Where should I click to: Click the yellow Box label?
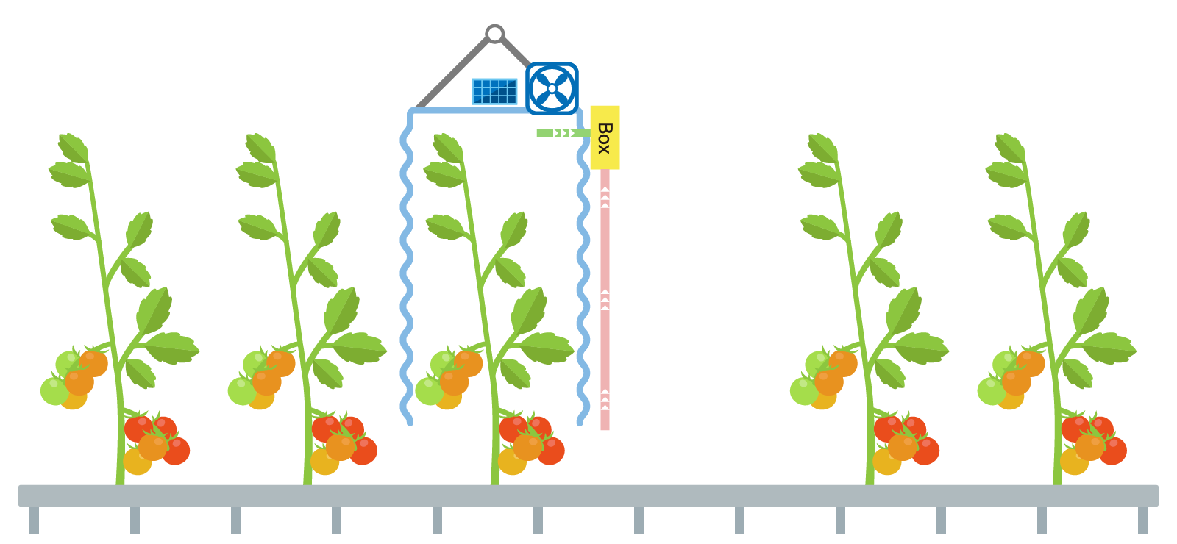[605, 137]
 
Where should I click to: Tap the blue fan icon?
[552, 89]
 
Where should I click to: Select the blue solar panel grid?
[494, 92]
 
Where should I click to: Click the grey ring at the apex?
[495, 34]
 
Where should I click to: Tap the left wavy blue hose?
[406, 272]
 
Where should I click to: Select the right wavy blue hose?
[583, 272]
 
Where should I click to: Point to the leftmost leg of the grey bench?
[34, 520]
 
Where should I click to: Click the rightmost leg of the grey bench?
[1142, 520]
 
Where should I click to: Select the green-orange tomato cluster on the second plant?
[261, 379]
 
